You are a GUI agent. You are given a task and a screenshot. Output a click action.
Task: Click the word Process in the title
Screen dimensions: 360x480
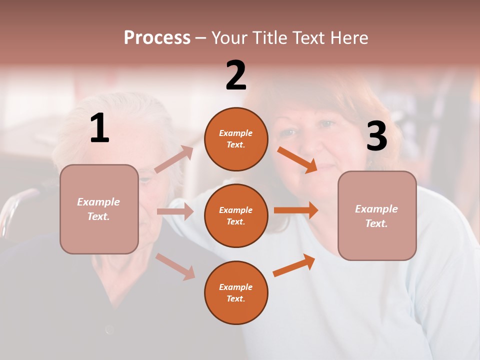point(157,38)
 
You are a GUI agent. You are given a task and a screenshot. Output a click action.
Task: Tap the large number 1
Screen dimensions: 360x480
point(99,128)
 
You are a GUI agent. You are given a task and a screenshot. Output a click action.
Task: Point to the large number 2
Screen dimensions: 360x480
point(236,75)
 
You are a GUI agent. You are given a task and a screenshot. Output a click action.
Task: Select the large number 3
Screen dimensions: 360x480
point(376,136)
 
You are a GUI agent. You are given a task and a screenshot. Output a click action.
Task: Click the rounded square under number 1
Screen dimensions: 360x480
point(99,209)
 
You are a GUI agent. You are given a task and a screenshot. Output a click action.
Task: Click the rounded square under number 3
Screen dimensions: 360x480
point(377,216)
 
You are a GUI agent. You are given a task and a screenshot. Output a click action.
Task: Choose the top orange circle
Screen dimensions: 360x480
point(236,139)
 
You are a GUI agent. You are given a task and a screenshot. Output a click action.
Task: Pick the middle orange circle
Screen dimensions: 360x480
point(236,215)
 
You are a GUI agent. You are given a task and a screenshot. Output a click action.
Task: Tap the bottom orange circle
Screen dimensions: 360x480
point(236,292)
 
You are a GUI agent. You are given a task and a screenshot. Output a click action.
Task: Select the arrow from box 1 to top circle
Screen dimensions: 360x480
point(174,159)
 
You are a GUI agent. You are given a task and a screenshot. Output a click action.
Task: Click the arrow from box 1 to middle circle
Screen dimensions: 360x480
point(175,212)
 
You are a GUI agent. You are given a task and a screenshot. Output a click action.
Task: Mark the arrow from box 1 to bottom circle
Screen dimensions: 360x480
point(175,266)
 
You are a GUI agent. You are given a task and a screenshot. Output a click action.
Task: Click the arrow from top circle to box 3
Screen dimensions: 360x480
point(297,160)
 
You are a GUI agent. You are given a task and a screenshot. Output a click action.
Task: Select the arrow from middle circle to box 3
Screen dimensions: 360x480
point(295,210)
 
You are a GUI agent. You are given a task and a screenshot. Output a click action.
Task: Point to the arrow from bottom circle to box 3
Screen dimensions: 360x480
point(294,265)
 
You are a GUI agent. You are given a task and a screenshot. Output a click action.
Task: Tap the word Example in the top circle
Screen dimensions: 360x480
point(236,133)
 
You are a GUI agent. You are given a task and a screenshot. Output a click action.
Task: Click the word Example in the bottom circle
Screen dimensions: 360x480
point(236,287)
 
